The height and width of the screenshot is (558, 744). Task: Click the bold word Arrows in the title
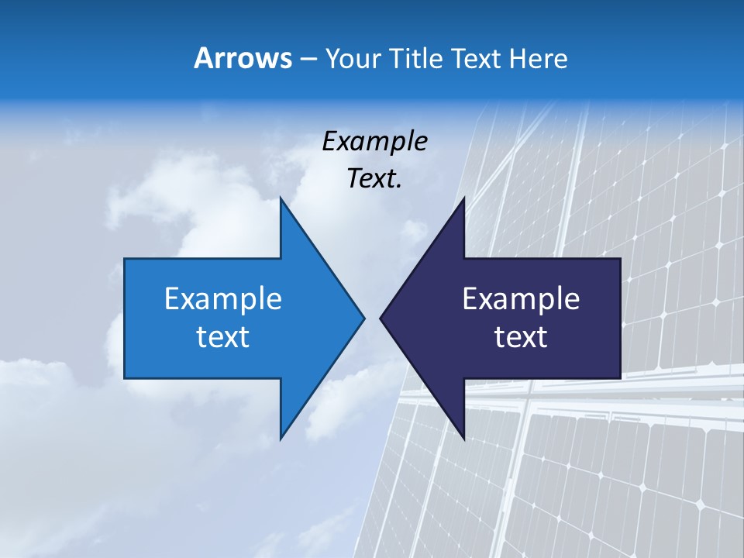tap(243, 58)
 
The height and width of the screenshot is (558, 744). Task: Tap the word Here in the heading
tap(538, 59)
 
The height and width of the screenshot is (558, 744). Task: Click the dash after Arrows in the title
tap(308, 59)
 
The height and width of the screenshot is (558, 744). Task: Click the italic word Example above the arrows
tap(375, 142)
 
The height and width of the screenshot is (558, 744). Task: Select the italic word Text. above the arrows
tap(375, 179)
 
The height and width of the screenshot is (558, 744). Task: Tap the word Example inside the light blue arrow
tap(223, 299)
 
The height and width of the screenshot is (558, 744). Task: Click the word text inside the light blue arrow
tap(223, 337)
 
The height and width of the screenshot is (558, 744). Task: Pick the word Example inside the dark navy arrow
tap(521, 299)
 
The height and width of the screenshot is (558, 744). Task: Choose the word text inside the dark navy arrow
tap(521, 337)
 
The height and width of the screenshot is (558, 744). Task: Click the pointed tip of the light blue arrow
tap(363, 318)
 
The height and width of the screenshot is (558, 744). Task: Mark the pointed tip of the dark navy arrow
tap(382, 318)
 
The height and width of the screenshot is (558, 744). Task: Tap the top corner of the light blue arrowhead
tap(281, 199)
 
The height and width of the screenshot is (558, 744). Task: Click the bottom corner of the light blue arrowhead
tap(281, 438)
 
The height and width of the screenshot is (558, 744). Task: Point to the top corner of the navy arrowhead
tap(463, 199)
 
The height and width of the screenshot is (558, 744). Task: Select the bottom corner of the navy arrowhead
tap(463, 438)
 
